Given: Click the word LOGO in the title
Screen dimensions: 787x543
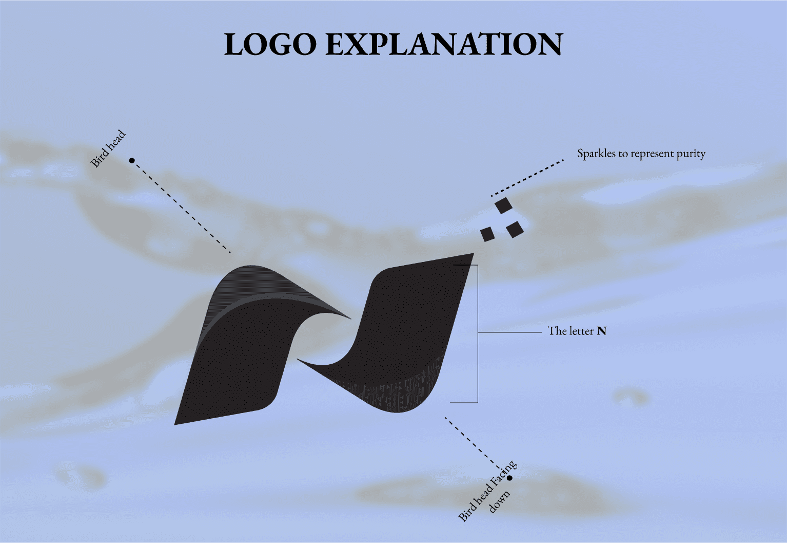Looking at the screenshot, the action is tap(270, 45).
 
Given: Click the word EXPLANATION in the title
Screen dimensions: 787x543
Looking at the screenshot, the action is tap(444, 45).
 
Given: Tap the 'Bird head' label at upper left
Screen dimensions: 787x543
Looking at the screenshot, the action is tap(108, 149).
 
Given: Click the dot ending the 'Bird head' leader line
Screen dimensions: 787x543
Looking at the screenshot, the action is tap(132, 161).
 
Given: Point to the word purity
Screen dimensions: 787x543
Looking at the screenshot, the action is tap(691, 154).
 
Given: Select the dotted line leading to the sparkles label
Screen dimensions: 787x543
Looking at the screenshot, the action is tap(527, 178).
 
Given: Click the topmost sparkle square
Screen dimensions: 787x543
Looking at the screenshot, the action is tap(504, 205).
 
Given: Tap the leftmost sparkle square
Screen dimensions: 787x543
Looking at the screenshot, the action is tap(487, 234).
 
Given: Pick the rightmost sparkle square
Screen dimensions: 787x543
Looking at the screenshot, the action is tap(515, 229).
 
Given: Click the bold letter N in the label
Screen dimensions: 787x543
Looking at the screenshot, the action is tap(602, 331).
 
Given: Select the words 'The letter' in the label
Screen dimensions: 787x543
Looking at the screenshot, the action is tap(571, 331).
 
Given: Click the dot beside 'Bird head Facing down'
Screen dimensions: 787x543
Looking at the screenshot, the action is tap(509, 478).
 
